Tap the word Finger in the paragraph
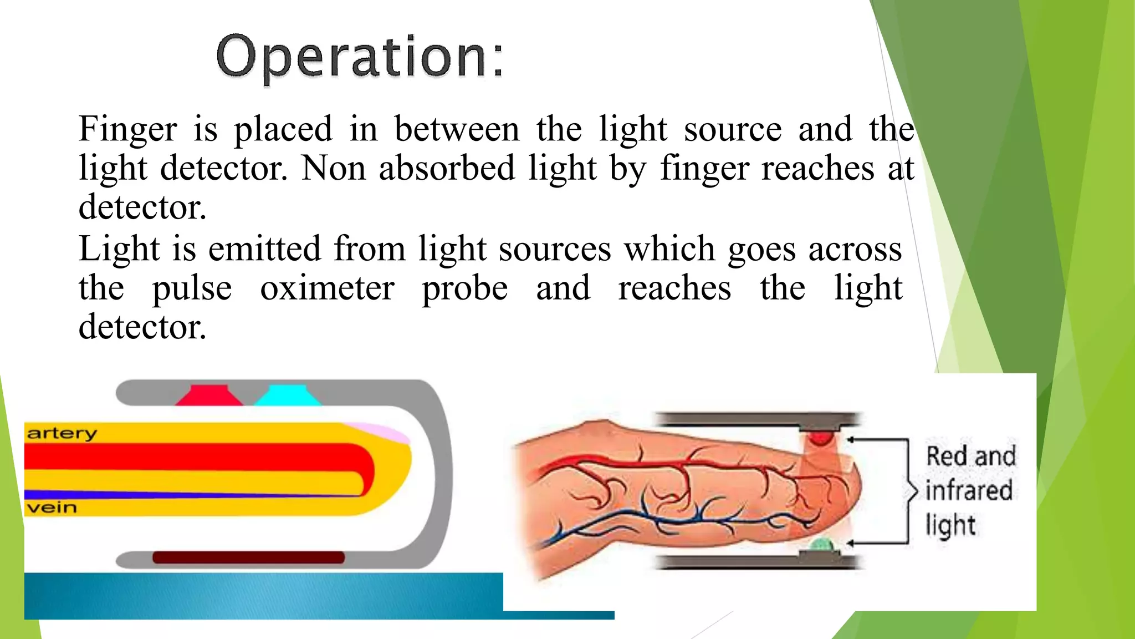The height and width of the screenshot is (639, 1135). tap(127, 129)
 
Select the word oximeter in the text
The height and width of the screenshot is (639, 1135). tap(328, 288)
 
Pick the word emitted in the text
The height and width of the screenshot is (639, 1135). tap(265, 248)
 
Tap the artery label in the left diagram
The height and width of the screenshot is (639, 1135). tap(62, 433)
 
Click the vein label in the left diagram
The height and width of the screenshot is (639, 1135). tap(52, 508)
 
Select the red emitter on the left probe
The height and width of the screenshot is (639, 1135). tap(209, 395)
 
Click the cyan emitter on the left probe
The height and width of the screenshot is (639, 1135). tap(288, 395)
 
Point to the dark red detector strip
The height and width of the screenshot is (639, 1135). tap(248, 557)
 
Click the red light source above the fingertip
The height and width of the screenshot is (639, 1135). tap(820, 438)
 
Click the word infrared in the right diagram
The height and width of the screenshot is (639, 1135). tap(969, 490)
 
